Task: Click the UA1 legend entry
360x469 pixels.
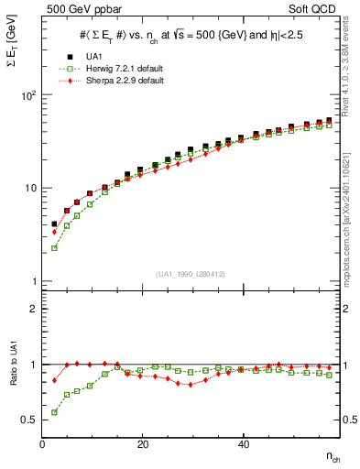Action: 93,56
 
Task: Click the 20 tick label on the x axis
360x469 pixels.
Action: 142,444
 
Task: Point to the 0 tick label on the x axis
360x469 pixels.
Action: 42,444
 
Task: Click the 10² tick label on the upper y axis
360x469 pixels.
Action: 28,95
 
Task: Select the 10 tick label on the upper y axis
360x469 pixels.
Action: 30,188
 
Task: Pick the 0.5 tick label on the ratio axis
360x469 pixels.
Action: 30,420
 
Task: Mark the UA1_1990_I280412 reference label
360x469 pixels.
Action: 190,274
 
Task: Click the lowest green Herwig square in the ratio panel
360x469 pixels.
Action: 54,412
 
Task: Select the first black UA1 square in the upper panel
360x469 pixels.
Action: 54,224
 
